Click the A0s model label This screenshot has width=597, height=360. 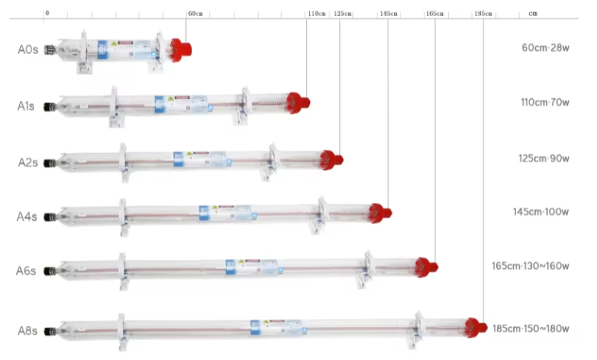[x=27, y=50]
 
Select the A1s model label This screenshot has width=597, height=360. [x=27, y=106]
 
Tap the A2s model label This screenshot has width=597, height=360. [x=27, y=162]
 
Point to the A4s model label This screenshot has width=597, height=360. [x=27, y=217]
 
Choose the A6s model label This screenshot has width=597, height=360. [x=27, y=271]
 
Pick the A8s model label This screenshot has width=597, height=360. [x=27, y=330]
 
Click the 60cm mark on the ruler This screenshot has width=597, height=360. [x=195, y=14]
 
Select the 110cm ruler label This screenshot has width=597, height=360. [x=317, y=14]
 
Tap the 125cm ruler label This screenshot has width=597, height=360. [x=342, y=14]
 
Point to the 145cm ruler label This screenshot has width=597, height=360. [x=388, y=14]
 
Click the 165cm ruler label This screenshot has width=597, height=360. [x=434, y=14]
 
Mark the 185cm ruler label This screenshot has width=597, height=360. [x=483, y=14]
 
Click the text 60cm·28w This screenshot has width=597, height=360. [x=545, y=48]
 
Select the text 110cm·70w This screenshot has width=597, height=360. [x=545, y=102]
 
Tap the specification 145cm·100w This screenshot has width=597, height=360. [x=541, y=212]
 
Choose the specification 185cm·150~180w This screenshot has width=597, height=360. [x=530, y=329]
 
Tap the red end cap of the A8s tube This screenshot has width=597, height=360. [x=476, y=327]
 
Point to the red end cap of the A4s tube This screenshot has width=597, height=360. [x=379, y=213]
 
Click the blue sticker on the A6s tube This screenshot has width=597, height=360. [x=230, y=267]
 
